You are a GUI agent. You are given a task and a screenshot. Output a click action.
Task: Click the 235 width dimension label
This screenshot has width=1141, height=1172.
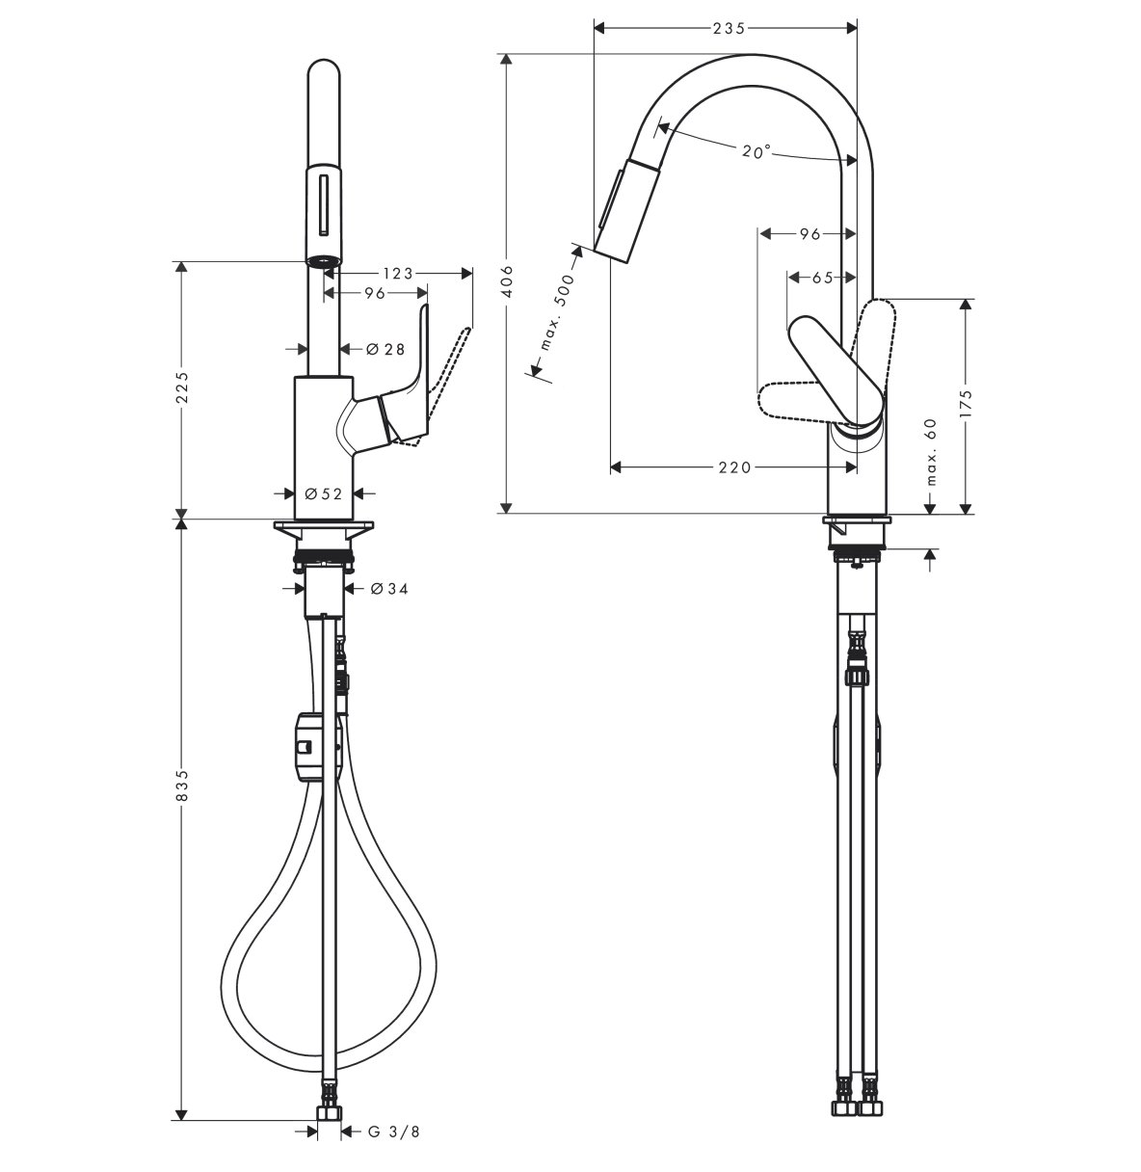tap(730, 28)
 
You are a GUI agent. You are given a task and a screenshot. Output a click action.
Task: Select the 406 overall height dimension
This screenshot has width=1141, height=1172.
tap(507, 281)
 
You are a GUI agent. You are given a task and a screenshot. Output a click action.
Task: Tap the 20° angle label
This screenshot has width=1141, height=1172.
tap(756, 151)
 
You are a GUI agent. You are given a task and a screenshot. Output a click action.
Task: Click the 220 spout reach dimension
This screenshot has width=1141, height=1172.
tap(735, 467)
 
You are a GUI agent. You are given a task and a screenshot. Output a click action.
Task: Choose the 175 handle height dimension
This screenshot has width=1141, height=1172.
tap(966, 403)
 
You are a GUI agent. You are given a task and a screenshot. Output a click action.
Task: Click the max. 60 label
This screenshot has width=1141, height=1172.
tap(932, 452)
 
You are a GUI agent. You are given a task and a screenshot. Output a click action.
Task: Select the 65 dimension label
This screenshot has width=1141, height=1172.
tap(822, 278)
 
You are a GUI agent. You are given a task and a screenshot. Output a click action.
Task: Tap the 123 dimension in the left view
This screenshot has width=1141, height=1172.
tap(399, 274)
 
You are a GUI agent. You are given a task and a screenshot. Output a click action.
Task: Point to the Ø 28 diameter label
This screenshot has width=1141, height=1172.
tap(385, 349)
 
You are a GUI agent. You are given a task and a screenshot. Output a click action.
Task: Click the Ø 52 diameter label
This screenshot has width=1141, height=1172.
tap(324, 493)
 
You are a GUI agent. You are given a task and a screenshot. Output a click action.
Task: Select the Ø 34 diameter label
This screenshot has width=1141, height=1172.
tap(389, 588)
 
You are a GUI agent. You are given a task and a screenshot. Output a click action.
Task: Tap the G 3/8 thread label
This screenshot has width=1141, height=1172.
tap(394, 1132)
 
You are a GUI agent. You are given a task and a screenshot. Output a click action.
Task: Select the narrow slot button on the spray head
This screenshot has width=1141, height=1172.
tap(324, 204)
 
